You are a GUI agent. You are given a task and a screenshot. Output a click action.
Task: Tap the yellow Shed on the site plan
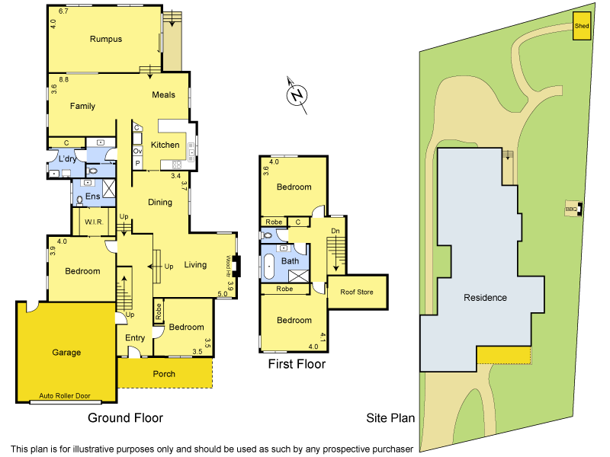[582, 26]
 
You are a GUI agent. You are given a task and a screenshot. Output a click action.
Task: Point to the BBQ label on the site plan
[570, 209]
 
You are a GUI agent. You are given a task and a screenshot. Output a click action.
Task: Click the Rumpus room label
[106, 40]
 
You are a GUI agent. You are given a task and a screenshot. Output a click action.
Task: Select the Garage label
[66, 353]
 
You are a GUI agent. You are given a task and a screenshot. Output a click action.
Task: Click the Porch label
[164, 374]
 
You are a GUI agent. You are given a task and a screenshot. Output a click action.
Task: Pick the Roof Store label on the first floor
[357, 292]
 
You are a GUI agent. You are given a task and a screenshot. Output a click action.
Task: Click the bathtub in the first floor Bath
[269, 267]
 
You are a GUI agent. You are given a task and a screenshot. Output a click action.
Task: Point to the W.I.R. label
[95, 222]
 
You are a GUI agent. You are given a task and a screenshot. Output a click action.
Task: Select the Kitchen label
[165, 145]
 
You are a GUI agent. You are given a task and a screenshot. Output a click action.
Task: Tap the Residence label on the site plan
[485, 298]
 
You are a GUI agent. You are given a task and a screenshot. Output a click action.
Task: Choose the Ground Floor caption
[125, 417]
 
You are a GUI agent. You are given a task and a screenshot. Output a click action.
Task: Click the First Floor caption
[297, 364]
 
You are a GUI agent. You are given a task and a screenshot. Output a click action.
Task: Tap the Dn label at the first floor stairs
[335, 230]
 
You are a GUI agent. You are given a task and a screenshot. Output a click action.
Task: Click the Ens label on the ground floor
[93, 197]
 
